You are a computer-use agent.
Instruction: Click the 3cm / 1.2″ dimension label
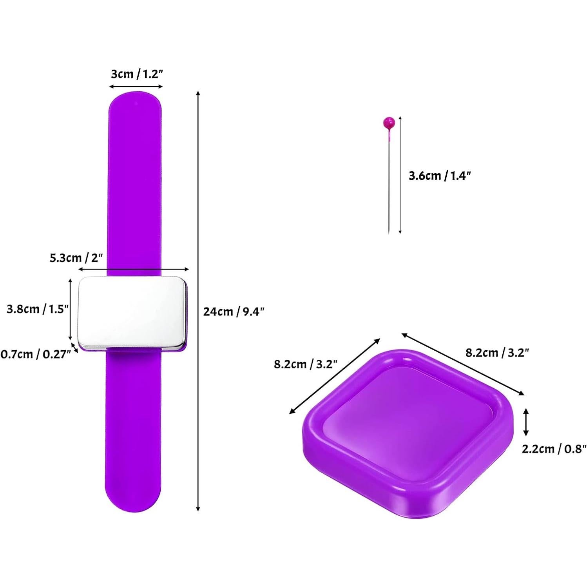pos(137,74)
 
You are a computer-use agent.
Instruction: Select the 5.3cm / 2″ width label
pos(76,258)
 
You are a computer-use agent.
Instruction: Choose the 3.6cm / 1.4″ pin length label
pos(439,176)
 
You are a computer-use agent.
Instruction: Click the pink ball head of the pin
pos(389,122)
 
